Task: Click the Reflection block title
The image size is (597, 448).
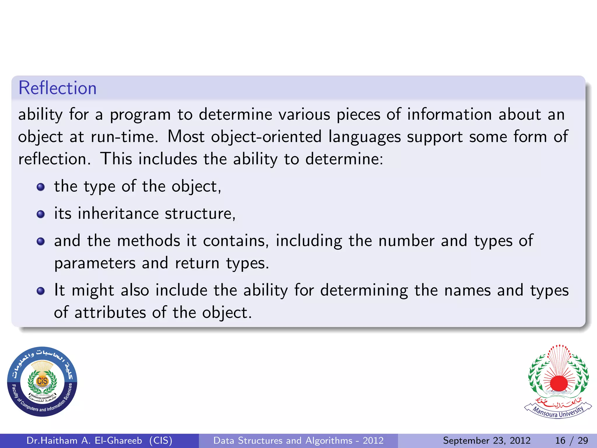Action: pos(57,88)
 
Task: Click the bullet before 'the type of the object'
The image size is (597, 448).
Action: pos(41,187)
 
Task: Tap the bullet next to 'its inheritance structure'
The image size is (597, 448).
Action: pos(41,214)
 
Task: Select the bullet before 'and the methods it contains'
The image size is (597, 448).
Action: pos(41,242)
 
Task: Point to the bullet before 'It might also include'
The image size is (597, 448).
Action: pos(41,291)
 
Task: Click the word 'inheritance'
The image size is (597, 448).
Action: pos(118,213)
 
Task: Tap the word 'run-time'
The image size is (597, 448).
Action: pos(124,137)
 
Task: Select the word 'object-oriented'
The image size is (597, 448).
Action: pos(266,137)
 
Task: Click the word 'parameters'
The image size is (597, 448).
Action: pos(95,263)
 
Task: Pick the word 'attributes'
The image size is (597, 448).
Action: pos(110,313)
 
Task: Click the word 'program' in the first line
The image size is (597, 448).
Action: pos(140,115)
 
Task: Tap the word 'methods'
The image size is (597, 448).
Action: pos(149,241)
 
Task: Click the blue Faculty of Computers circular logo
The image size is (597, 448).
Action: pos(42,381)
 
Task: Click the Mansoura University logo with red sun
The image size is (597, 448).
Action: pos(558,381)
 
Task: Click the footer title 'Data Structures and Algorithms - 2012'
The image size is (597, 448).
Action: pos(298,440)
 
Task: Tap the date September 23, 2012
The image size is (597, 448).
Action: pos(487,440)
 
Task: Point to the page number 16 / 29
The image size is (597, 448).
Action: pos(571,440)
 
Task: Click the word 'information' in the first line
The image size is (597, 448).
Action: pos(449,114)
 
